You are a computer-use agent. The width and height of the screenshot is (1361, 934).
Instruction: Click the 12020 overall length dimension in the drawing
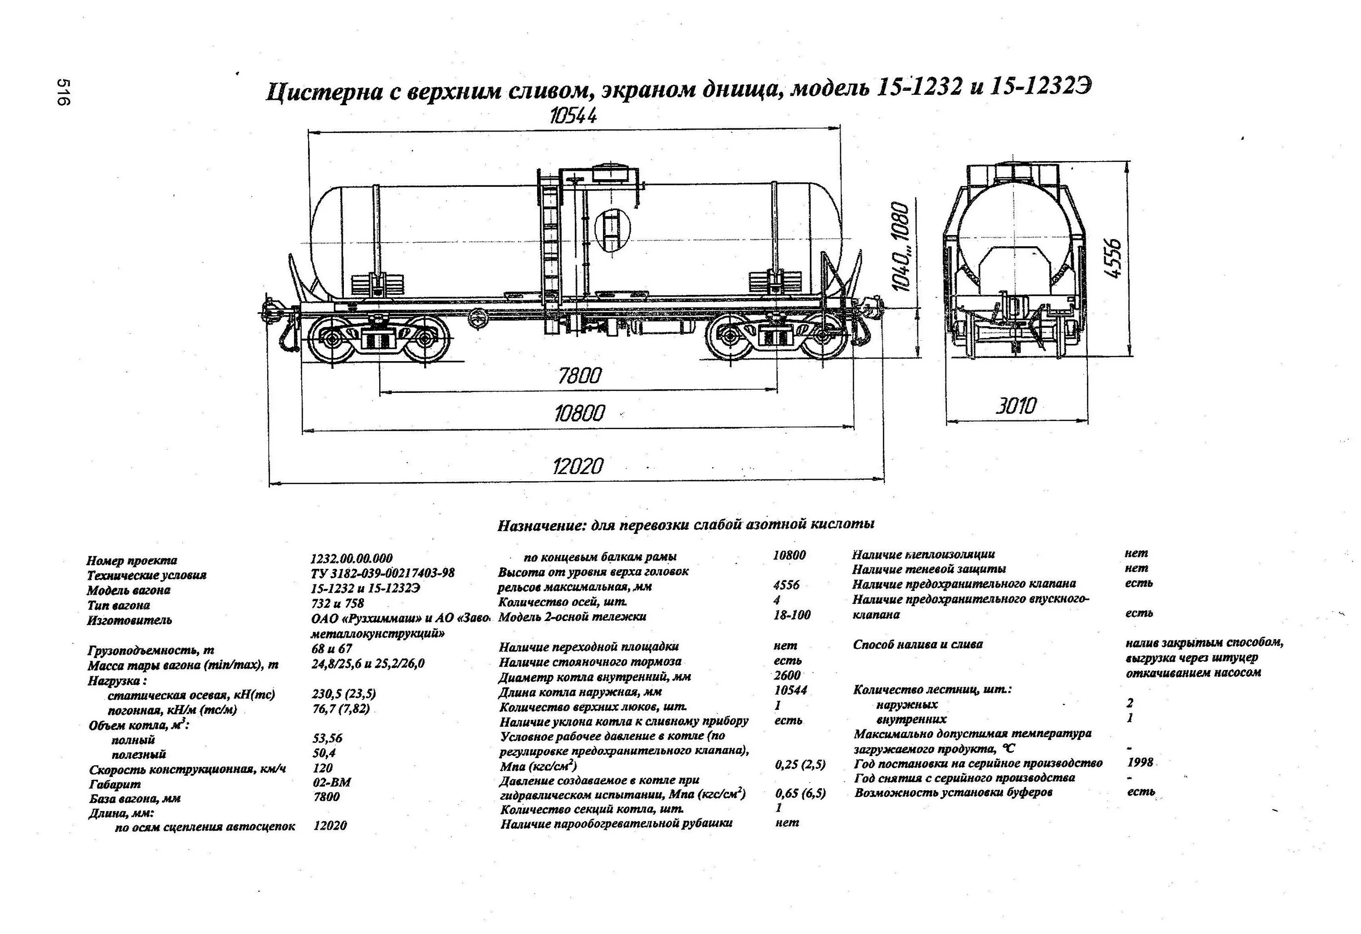[578, 467]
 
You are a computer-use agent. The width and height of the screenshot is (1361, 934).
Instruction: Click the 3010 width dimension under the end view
[1016, 405]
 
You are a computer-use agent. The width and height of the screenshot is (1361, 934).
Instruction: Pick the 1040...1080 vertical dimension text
[901, 246]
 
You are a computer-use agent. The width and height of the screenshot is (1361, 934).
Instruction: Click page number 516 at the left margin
[63, 92]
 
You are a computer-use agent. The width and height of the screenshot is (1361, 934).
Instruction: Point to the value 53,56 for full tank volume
[327, 738]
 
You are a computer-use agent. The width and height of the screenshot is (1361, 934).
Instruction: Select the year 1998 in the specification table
[1140, 763]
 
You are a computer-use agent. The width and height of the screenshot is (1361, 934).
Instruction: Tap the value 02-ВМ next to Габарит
[332, 782]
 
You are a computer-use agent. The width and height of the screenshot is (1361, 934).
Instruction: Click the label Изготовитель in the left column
[129, 620]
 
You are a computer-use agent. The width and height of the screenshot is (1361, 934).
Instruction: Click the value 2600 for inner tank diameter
[787, 675]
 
